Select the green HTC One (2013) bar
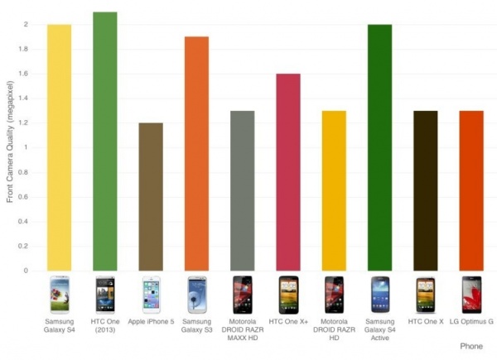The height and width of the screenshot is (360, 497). [105, 141]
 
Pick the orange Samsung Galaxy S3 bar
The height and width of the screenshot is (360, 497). [196, 153]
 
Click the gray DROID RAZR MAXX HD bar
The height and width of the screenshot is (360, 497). [242, 190]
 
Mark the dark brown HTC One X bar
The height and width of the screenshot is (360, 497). [425, 190]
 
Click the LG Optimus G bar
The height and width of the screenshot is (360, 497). [470, 190]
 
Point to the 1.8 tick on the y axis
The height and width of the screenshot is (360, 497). [27, 49]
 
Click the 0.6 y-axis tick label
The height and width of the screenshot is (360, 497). [27, 197]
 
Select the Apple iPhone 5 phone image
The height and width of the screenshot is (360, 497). [151, 294]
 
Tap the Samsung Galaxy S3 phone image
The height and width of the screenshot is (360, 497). [196, 294]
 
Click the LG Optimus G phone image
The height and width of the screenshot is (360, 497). [470, 294]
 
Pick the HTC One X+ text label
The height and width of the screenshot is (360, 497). [287, 320]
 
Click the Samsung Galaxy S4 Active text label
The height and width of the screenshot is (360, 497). [379, 328]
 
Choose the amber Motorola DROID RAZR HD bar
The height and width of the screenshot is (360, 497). [334, 190]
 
